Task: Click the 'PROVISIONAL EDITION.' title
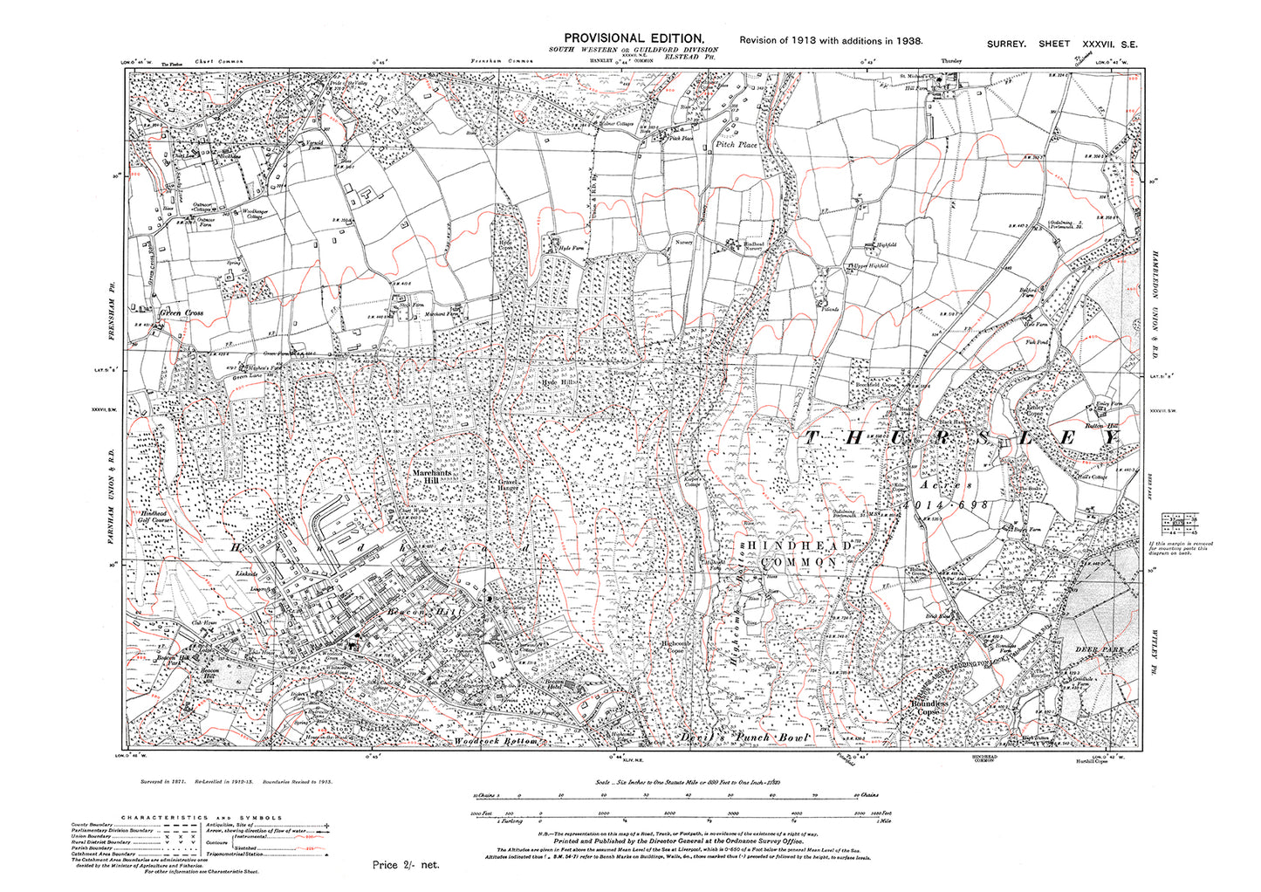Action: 634,38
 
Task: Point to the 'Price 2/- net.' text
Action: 406,865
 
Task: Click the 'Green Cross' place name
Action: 182,312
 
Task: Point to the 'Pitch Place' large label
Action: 737,144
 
